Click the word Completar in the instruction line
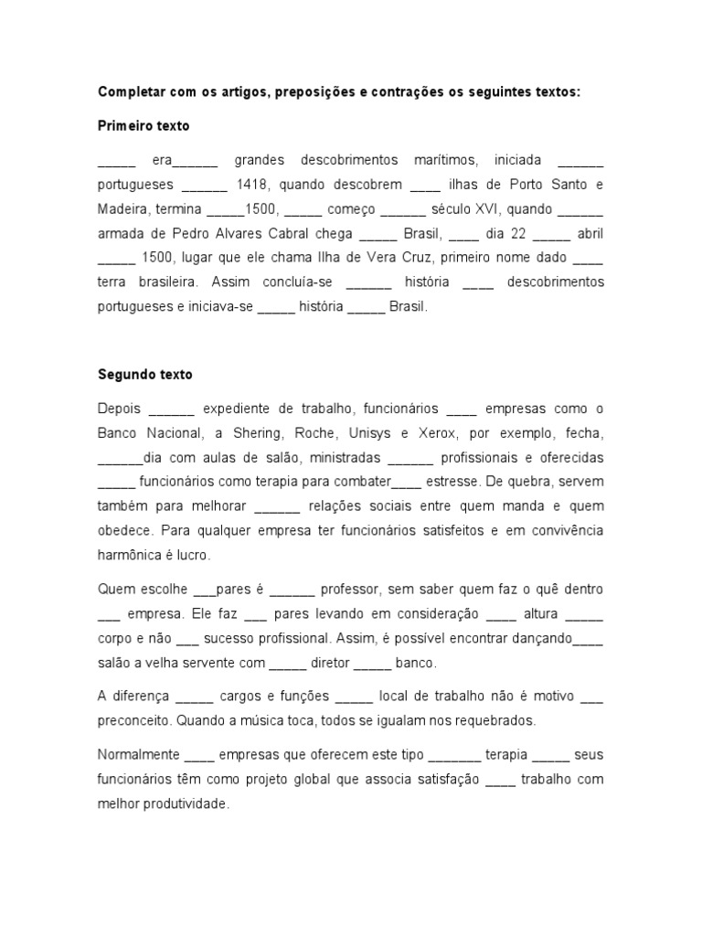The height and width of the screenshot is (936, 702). (x=132, y=92)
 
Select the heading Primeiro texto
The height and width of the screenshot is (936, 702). (x=144, y=125)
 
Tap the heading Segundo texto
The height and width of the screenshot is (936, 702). (x=145, y=375)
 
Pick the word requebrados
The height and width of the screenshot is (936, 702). (x=497, y=720)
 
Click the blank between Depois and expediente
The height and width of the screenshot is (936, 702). (x=171, y=409)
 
